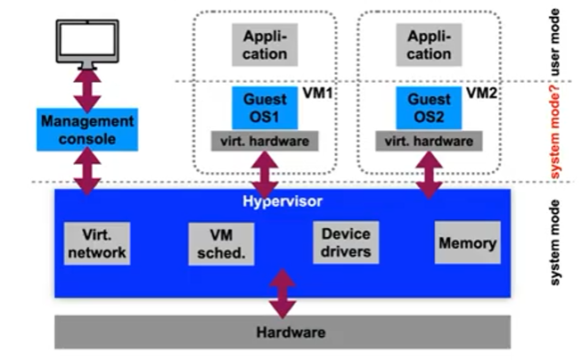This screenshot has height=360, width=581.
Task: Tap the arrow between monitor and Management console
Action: coord(87,89)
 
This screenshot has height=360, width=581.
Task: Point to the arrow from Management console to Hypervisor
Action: coord(87,170)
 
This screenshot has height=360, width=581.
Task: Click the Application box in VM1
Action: coord(265,44)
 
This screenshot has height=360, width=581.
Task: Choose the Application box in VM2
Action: coord(429,44)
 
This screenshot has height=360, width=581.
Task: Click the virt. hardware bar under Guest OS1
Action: coord(265,140)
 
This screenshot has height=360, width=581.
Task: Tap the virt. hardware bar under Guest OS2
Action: coord(429,140)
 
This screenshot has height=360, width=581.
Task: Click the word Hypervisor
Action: coord(282,200)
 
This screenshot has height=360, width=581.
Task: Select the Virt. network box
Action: coord(96,244)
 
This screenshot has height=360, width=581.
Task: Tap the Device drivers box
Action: coord(346,242)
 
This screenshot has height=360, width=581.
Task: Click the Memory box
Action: coord(467,242)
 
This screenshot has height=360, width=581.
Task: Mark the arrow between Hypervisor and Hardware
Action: coord(282,292)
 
